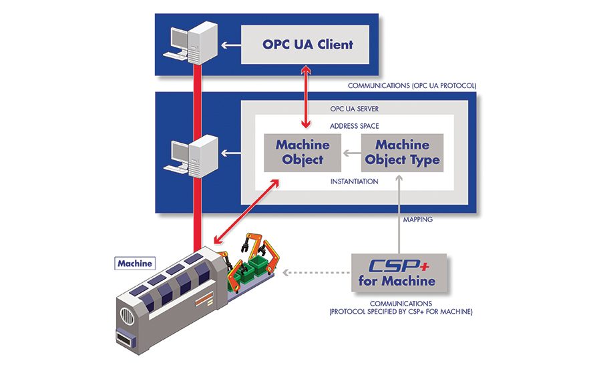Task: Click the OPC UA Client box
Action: pyautogui.click(x=307, y=45)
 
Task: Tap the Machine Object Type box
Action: pyautogui.click(x=402, y=152)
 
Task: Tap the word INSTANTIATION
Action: pyautogui.click(x=354, y=181)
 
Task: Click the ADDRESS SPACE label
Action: pyautogui.click(x=354, y=125)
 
